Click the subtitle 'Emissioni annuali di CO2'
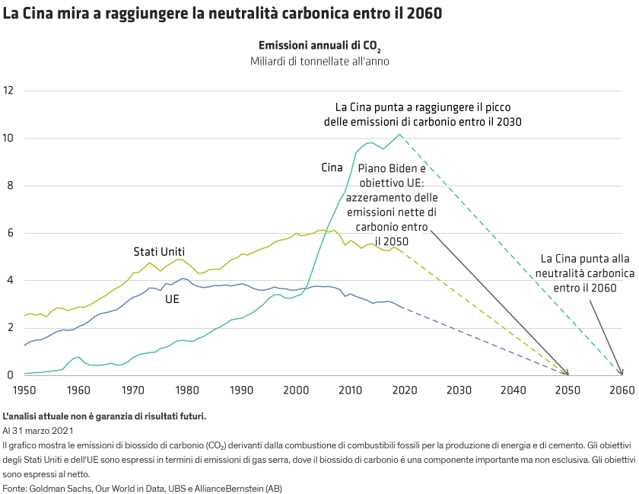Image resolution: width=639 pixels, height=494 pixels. (319, 46)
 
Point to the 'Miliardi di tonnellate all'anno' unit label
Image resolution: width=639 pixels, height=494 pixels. (319, 61)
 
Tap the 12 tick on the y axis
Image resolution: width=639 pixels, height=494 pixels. (9, 91)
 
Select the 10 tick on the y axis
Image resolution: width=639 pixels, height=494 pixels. (9, 138)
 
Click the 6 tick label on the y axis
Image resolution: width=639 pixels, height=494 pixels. (9, 233)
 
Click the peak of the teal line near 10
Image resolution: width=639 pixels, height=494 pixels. (399, 135)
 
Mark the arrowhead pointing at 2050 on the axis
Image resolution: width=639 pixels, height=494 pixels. (567, 373)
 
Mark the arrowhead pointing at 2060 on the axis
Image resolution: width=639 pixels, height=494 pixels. (622, 372)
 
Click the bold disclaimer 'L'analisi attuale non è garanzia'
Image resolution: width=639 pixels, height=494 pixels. (104, 416)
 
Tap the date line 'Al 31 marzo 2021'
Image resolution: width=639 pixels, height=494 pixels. (42, 430)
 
